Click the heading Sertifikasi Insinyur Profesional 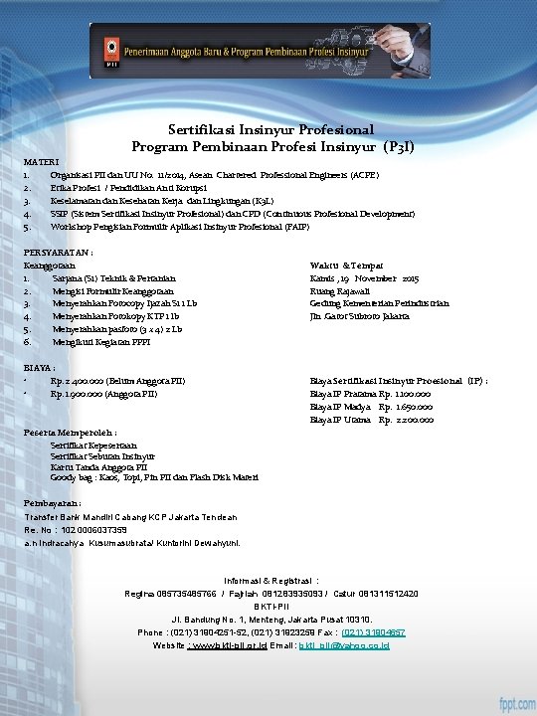[x=271, y=129]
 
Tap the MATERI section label [x=41, y=160]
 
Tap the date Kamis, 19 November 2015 [x=364, y=278]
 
